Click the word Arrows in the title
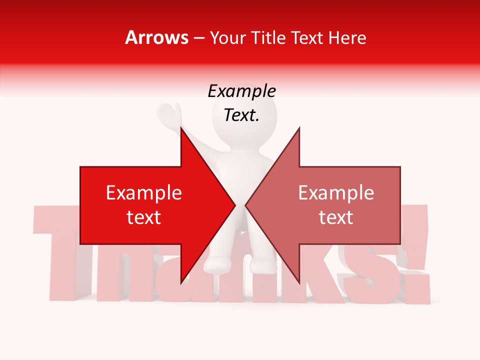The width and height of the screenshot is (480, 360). click(x=157, y=37)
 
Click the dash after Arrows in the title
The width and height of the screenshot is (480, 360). click(x=199, y=38)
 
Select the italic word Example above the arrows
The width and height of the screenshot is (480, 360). click(x=241, y=91)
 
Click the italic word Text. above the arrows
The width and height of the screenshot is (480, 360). click(x=241, y=115)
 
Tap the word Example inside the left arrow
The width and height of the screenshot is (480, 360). click(x=144, y=193)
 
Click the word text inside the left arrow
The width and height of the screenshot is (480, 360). click(x=144, y=217)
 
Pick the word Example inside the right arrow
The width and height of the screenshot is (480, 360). click(x=336, y=193)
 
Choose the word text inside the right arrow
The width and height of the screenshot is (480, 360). click(x=336, y=217)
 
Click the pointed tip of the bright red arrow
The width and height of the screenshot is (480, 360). click(x=234, y=205)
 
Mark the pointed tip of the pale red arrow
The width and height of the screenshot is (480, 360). click(x=246, y=205)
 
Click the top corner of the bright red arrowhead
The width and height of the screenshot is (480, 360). click(x=181, y=128)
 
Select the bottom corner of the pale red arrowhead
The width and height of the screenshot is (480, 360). click(x=299, y=282)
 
